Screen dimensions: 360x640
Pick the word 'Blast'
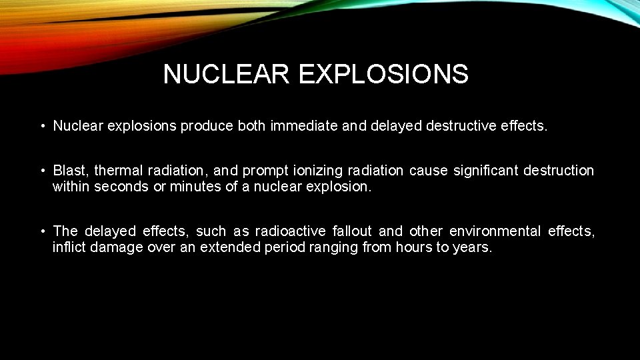(70, 171)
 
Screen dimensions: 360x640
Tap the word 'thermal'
(118, 171)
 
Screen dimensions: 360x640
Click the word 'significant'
(485, 171)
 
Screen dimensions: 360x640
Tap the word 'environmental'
(495, 231)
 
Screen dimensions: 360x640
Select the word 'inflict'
(67, 247)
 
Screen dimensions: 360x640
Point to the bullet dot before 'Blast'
(41, 171)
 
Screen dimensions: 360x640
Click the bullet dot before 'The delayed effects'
(41, 231)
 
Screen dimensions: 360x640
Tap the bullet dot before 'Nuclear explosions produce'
(41, 126)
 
